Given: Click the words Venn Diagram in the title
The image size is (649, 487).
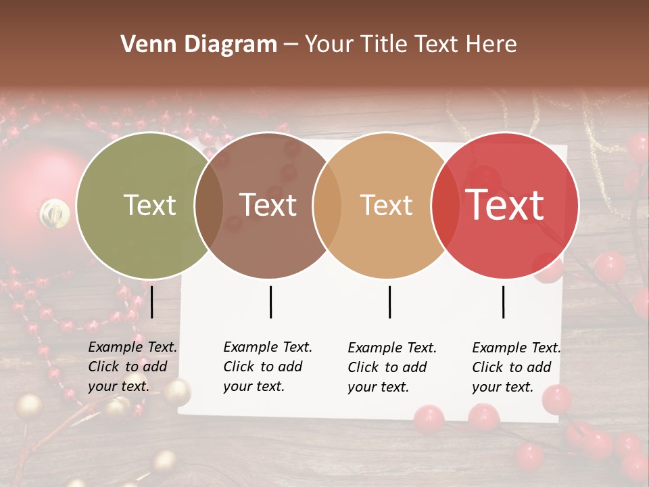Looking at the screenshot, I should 199,45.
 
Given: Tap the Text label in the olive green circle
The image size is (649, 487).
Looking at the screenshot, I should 149,205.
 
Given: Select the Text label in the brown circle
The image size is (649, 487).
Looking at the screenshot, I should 268,205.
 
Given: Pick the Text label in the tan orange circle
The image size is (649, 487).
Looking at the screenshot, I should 386,205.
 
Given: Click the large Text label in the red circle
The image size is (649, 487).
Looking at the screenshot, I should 505,205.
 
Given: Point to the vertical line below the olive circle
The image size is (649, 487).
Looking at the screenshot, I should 152,302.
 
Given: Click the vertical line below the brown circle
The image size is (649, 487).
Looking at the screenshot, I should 270,302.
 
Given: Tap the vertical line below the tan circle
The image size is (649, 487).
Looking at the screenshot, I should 389,302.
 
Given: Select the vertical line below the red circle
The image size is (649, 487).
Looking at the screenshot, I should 503,302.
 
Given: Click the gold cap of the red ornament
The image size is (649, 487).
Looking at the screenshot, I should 54,213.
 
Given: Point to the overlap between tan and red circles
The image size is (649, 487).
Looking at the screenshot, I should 445,206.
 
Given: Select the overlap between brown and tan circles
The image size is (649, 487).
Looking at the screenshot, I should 327,206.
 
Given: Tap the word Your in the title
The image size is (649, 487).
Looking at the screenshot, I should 328,45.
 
